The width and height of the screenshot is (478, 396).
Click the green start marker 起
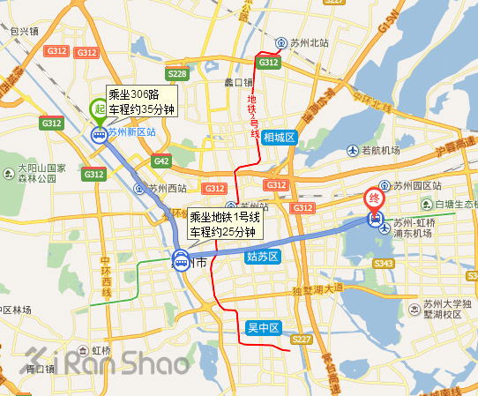tap(98, 108)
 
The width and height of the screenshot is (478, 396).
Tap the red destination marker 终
tap(376, 200)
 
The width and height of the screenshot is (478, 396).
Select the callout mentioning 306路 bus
tap(141, 101)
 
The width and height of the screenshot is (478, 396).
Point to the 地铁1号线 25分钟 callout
tap(224, 223)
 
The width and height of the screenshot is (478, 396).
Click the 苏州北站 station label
tap(302, 42)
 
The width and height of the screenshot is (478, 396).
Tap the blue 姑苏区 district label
tap(261, 256)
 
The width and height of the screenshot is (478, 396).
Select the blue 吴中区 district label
tap(263, 328)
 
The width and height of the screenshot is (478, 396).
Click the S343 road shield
tap(384, 263)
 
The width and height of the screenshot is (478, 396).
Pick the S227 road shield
tap(302, 339)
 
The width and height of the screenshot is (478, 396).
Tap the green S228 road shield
tap(176, 74)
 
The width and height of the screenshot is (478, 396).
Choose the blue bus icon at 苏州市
tap(181, 261)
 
